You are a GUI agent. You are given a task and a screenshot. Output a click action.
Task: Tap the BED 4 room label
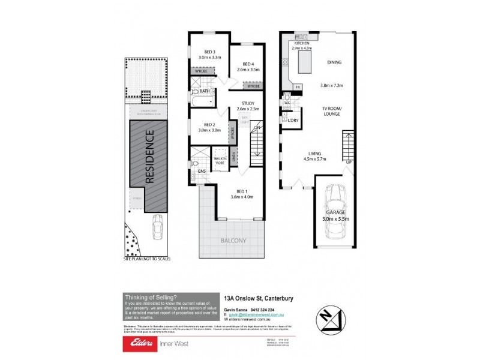[249, 64]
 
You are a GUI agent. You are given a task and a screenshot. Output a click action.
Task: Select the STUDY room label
[247, 103]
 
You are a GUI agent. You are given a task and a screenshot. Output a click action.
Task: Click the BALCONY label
[234, 241]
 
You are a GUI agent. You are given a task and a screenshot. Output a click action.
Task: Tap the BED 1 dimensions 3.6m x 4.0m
[242, 196]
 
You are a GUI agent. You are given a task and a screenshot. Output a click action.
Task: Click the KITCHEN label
[302, 42]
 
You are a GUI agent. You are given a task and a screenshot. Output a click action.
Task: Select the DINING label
[334, 62]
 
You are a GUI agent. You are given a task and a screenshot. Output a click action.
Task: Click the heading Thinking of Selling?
[151, 297]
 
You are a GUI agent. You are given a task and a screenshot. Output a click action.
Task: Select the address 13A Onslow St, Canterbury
[257, 297]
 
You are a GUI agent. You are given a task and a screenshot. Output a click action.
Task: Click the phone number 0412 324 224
[264, 309]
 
